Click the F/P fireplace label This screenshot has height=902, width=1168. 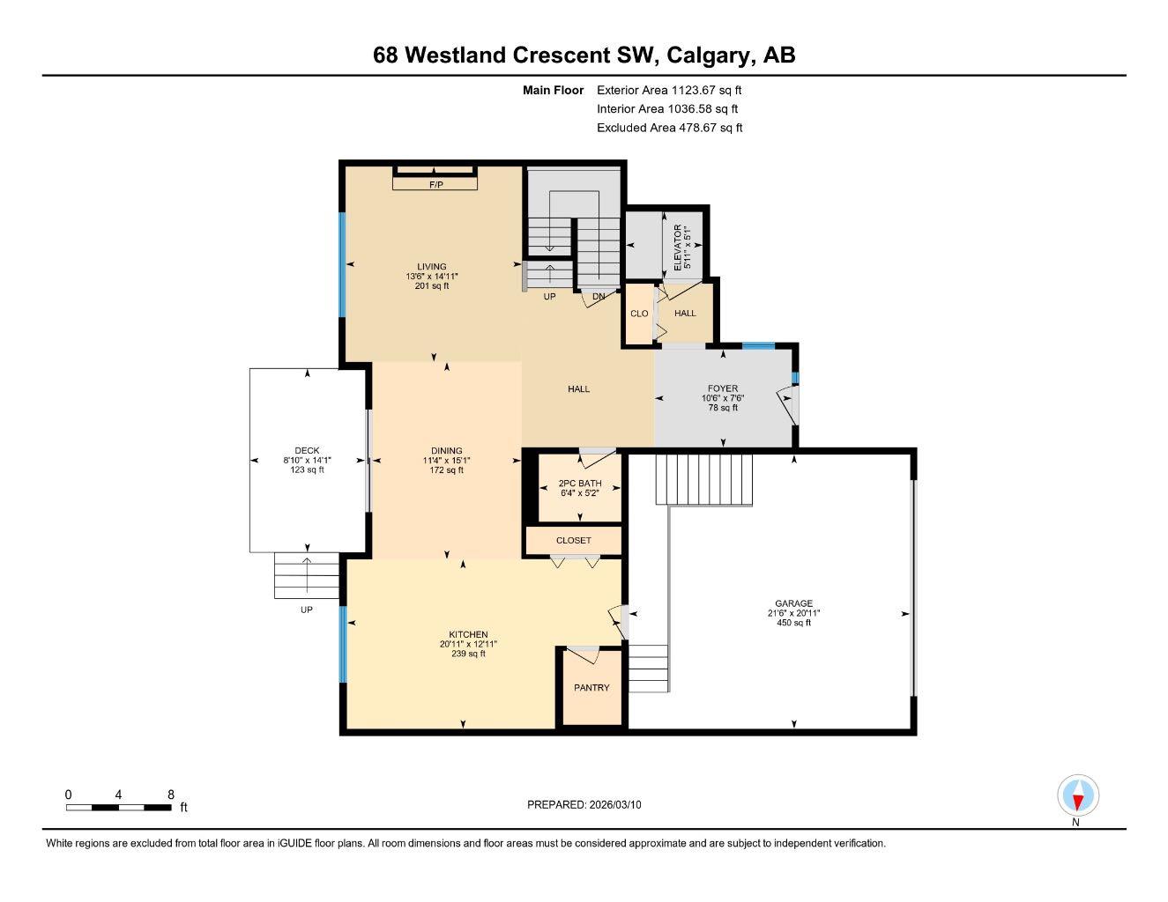[x=435, y=185]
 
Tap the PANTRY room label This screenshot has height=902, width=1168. [x=591, y=688]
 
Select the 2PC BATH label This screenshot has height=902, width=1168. [x=580, y=483]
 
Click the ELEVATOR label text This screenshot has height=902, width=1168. [x=678, y=248]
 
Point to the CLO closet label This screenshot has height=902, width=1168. [x=639, y=314]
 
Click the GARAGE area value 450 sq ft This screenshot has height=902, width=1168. [x=793, y=623]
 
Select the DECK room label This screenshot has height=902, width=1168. [x=307, y=450]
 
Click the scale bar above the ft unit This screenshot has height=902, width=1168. [x=119, y=807]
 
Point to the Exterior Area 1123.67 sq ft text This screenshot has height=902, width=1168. [x=669, y=90]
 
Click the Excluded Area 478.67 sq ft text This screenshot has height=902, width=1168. [x=669, y=128]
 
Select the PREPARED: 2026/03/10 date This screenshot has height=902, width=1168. [x=584, y=804]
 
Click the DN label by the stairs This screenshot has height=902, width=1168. [x=599, y=297]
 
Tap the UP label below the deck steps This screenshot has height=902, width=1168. [x=306, y=610]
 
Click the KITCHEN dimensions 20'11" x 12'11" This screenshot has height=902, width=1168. [x=468, y=644]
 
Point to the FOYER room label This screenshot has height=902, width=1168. [x=723, y=388]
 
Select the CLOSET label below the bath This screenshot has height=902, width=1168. [x=574, y=540]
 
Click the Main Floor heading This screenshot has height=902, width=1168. [x=553, y=90]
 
